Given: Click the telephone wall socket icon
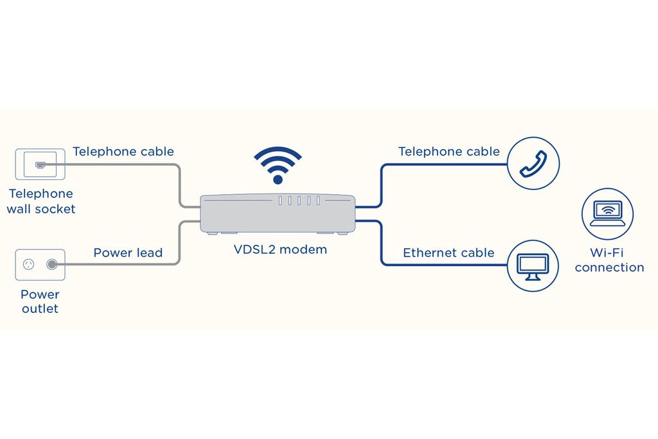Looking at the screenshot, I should pyautogui.click(x=40, y=164).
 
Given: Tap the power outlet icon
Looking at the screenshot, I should pyautogui.click(x=40, y=264).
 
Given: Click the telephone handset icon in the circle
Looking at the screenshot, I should pyautogui.click(x=533, y=163).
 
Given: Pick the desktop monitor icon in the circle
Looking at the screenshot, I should pyautogui.click(x=533, y=266).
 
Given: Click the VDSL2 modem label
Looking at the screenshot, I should pyautogui.click(x=280, y=249).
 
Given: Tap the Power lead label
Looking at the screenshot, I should pyautogui.click(x=128, y=253).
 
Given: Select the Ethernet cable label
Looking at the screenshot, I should pyautogui.click(x=449, y=253).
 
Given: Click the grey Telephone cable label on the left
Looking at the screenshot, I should pyautogui.click(x=123, y=152).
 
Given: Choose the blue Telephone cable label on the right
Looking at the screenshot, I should pyautogui.click(x=449, y=152).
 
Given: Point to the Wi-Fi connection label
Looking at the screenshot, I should pyautogui.click(x=609, y=260).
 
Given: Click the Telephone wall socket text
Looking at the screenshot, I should pyautogui.click(x=40, y=201).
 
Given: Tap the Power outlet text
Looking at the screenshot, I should pyautogui.click(x=40, y=301).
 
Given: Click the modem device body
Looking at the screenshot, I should pyautogui.click(x=278, y=213).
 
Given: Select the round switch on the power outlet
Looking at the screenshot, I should pyautogui.click(x=51, y=264).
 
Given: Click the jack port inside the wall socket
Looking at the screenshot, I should pyautogui.click(x=40, y=165).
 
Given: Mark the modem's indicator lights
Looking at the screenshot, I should pyautogui.click(x=299, y=201).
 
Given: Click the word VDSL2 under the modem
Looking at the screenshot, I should pyautogui.click(x=253, y=249).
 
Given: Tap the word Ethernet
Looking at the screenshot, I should pyautogui.click(x=429, y=253).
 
